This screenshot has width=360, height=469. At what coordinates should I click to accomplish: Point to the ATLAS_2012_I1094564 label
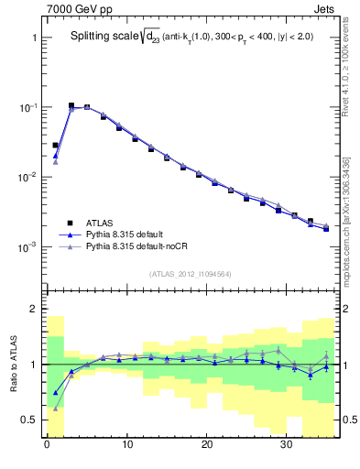point(190,274)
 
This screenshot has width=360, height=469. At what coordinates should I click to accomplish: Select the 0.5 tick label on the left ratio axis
point(28,420)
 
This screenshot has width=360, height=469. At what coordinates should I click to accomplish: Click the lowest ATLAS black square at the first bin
point(55,145)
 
